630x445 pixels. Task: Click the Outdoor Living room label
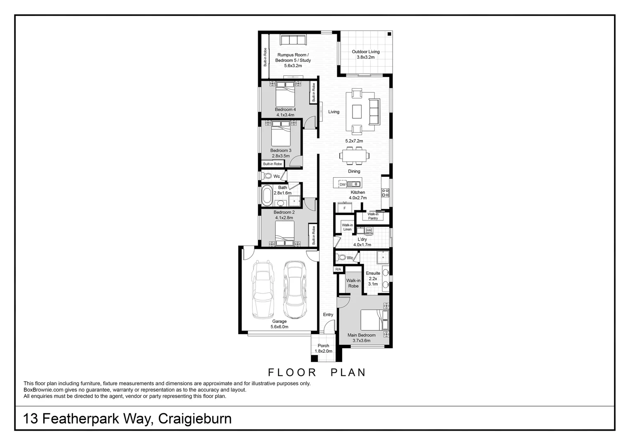pyautogui.click(x=366, y=52)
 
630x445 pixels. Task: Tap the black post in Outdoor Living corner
pyautogui.click(x=389, y=34)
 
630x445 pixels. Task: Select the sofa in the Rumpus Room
pyautogui.click(x=293, y=40)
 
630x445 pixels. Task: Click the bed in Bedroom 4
pyautogui.click(x=285, y=94)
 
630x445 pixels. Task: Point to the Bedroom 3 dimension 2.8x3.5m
pyautogui.click(x=281, y=156)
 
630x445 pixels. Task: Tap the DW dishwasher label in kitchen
pyautogui.click(x=343, y=185)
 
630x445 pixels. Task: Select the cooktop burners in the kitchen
pyautogui.click(x=386, y=193)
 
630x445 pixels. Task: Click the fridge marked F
pyautogui.click(x=345, y=208)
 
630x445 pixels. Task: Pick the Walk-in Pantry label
pyautogui.click(x=373, y=216)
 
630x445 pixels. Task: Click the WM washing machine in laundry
pyautogui.click(x=369, y=230)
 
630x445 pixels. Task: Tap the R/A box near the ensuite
pyautogui.click(x=339, y=269)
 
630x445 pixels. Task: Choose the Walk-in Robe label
pyautogui.click(x=353, y=283)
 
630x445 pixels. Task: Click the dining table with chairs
pyautogui.click(x=355, y=156)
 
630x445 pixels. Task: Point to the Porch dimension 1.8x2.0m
pyautogui.click(x=323, y=351)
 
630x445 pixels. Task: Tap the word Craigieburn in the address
pyautogui.click(x=195, y=419)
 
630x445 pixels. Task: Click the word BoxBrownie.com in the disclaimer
pyautogui.click(x=44, y=390)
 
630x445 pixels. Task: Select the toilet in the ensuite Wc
pyautogui.click(x=341, y=257)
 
